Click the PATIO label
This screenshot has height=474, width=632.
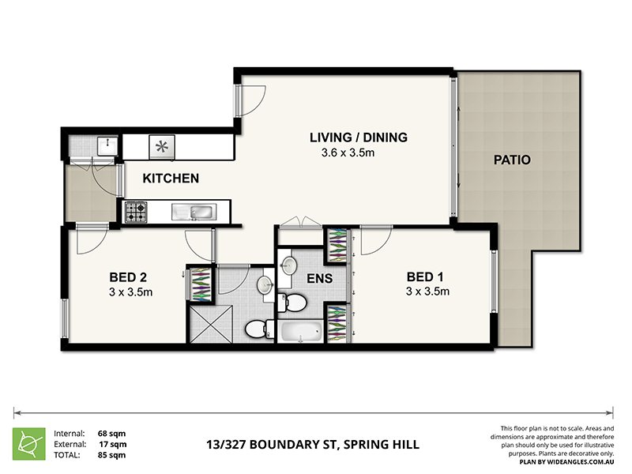[x=512, y=160]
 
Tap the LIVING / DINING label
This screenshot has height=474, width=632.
[x=359, y=137]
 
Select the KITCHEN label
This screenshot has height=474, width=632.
[x=171, y=179]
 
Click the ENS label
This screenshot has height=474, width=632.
[x=320, y=278]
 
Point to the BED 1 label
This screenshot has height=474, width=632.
[x=425, y=277]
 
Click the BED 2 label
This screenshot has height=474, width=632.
[x=128, y=277]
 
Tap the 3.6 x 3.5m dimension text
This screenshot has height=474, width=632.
[x=348, y=152]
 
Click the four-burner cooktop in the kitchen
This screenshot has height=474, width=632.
[x=135, y=212]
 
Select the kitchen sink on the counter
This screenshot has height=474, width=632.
[x=194, y=212]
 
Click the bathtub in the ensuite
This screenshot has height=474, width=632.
[x=301, y=332]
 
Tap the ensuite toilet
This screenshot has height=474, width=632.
[x=292, y=303]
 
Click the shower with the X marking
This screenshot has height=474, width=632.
[x=211, y=324]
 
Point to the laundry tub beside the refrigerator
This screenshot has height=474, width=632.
[x=107, y=146]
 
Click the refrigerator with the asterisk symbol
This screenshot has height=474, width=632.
[x=162, y=147]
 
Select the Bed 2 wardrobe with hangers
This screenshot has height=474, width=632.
[x=201, y=284]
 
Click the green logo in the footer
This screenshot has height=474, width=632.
[x=29, y=444]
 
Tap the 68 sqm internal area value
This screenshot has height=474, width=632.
[x=111, y=434]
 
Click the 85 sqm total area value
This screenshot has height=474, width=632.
[x=111, y=455]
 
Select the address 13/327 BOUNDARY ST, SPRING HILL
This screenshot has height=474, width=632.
[x=313, y=445]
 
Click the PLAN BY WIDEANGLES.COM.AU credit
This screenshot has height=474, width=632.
[x=566, y=462]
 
